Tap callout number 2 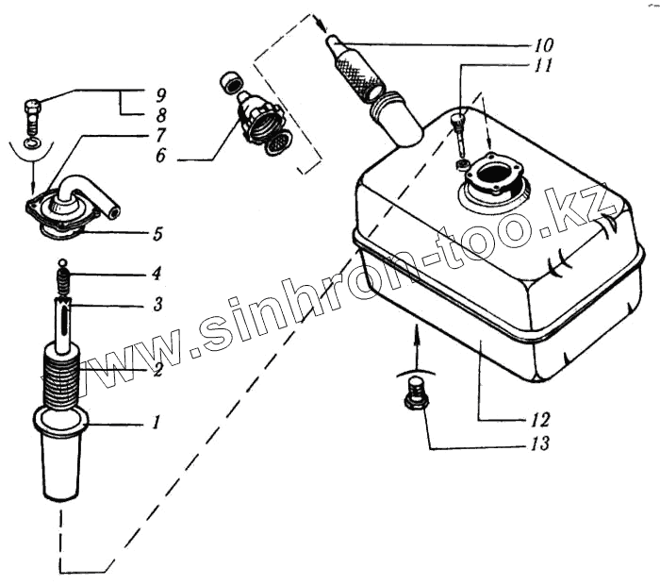click(x=158, y=371)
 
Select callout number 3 click(x=158, y=305)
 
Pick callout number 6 click(x=160, y=157)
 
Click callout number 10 click(x=544, y=45)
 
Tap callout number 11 click(x=544, y=66)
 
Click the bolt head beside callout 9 click(x=29, y=106)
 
